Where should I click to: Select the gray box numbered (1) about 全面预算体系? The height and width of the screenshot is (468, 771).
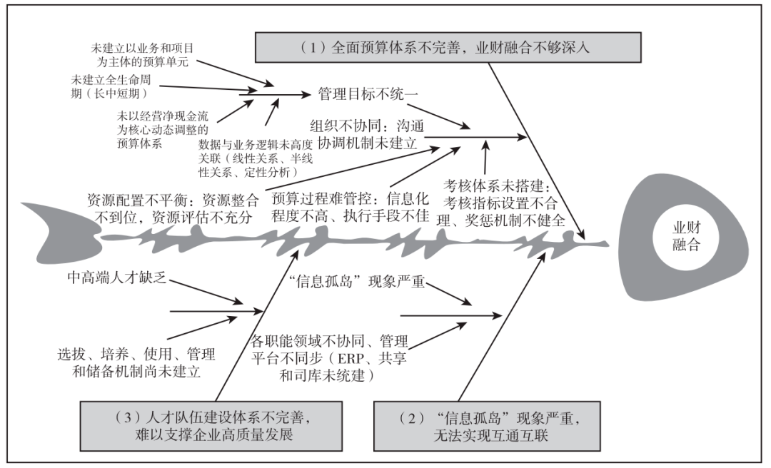pyautogui.click(x=448, y=47)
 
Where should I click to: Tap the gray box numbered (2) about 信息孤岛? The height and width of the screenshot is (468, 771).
pyautogui.click(x=487, y=426)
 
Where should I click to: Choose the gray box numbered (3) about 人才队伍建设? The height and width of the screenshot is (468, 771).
pyautogui.click(x=211, y=426)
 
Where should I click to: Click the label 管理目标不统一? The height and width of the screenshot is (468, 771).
pyautogui.click(x=368, y=94)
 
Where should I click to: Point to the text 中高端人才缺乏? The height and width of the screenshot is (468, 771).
pyautogui.click(x=117, y=278)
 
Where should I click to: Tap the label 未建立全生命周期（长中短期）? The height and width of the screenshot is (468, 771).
pyautogui.click(x=111, y=86)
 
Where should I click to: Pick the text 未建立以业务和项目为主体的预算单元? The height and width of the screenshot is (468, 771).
pyautogui.click(x=143, y=55)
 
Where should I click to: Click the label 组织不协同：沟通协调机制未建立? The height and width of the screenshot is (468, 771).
pyautogui.click(x=367, y=135)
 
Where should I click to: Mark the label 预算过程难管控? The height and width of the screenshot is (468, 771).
pyautogui.click(x=351, y=207)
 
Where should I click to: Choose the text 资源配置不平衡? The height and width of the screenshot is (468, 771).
pyautogui.click(x=173, y=208)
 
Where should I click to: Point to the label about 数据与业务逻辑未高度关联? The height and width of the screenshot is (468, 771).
pyautogui.click(x=255, y=158)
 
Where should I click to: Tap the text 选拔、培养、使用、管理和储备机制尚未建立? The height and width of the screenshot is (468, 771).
pyautogui.click(x=136, y=363)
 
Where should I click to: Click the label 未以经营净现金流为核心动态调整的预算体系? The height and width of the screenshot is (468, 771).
pyautogui.click(x=163, y=130)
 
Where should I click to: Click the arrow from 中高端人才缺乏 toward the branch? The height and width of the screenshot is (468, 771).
pyautogui.click(x=206, y=292)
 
